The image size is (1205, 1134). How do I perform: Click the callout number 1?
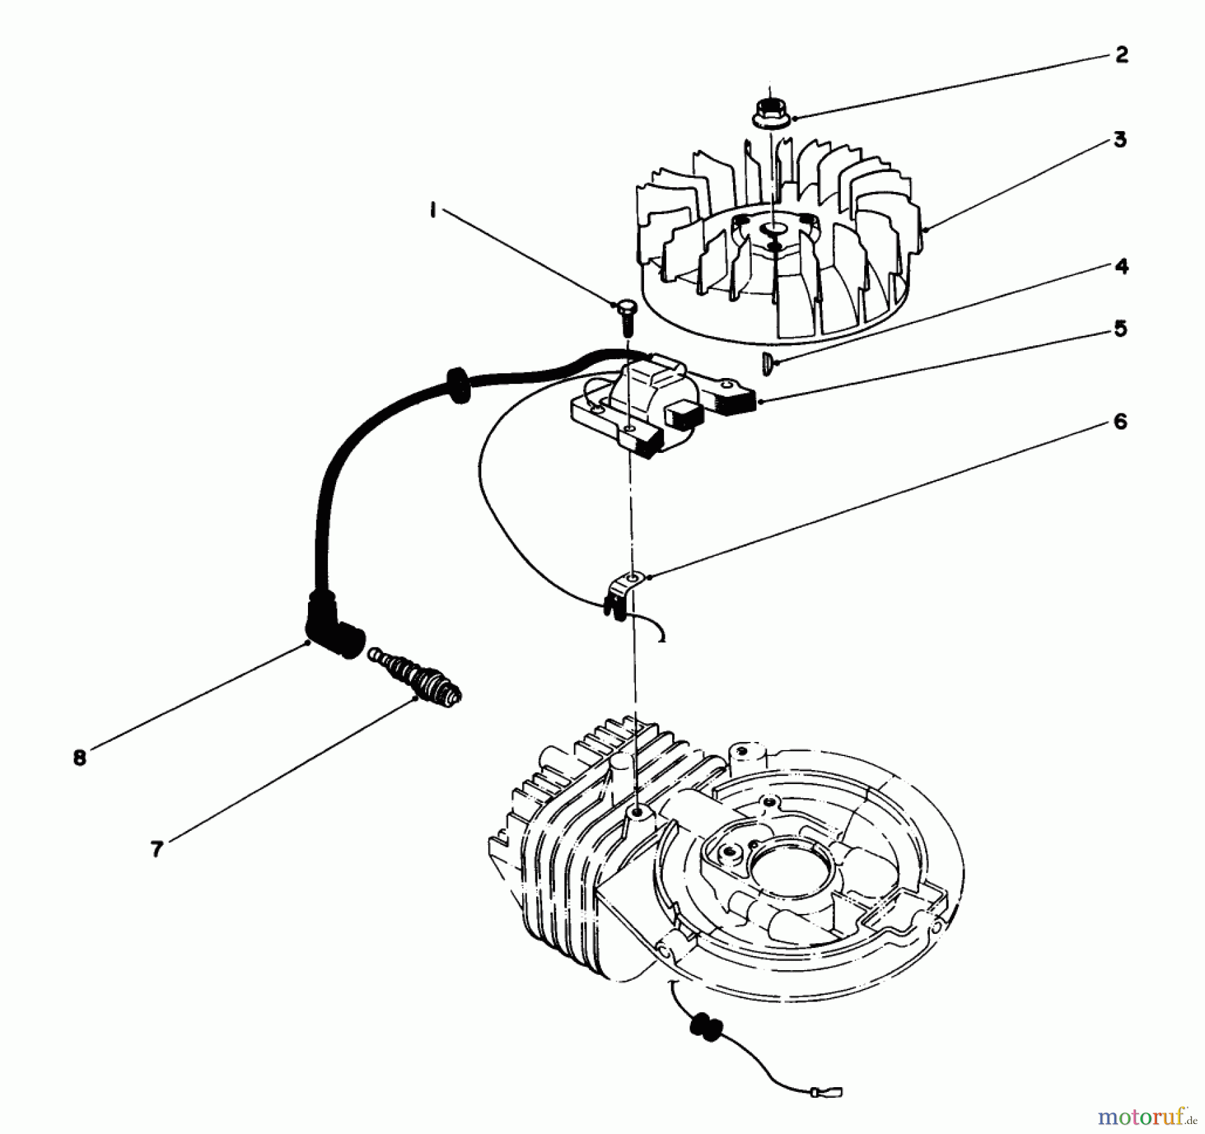434,211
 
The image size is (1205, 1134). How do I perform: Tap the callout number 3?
1120,140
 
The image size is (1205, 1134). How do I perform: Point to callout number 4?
1121,266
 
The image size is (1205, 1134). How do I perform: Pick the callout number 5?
1121,328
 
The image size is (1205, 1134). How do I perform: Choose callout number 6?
1121,421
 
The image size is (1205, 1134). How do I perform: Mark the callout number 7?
157,849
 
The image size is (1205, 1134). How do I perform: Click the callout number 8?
80,758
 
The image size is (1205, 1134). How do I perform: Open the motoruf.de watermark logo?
1150,1116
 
